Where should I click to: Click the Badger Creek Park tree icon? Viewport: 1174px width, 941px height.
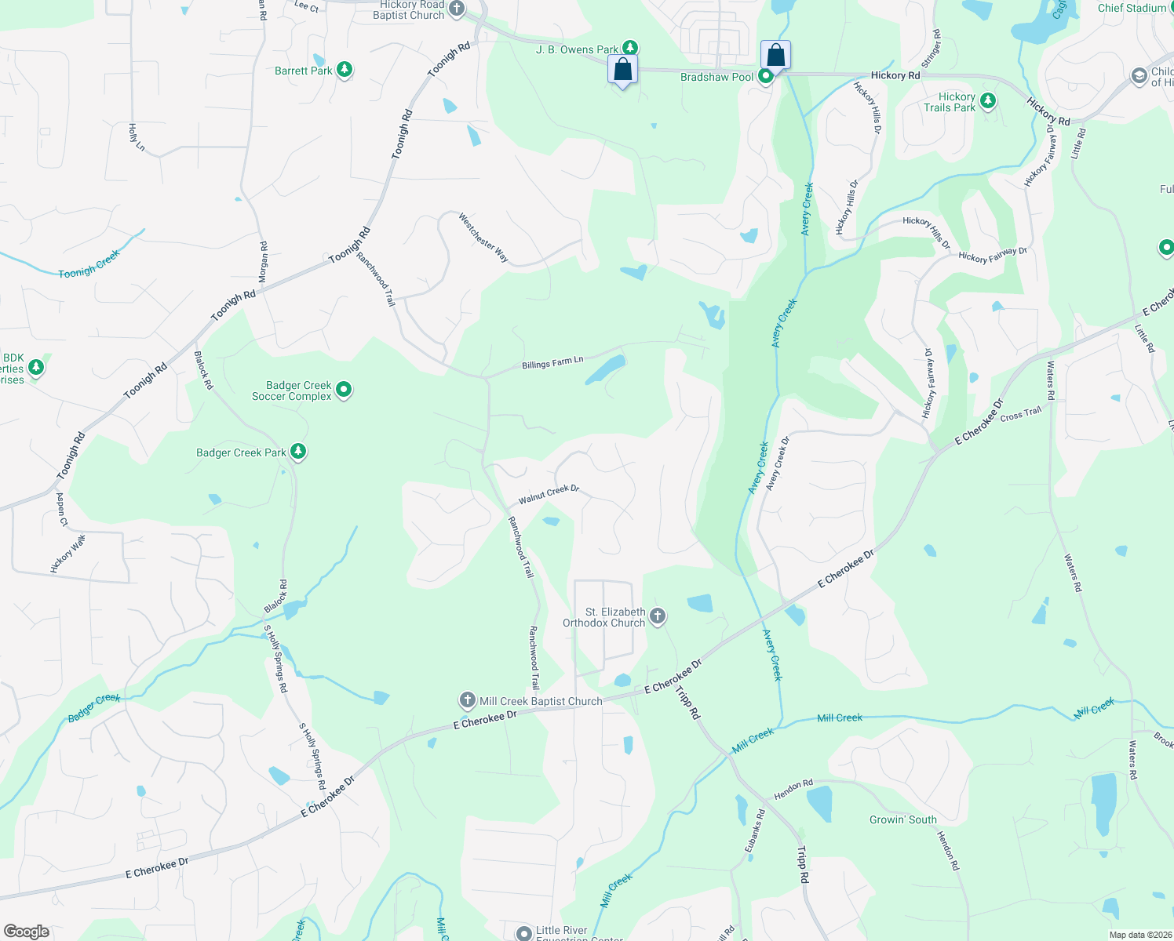(297, 452)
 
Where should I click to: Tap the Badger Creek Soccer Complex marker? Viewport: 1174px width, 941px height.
(344, 390)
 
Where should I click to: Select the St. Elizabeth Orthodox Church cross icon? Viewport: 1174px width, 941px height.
(658, 616)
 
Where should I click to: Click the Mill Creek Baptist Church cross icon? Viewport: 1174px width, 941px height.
(467, 699)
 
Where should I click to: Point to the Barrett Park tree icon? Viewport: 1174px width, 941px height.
(344, 70)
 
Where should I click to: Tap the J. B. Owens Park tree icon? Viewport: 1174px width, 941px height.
(629, 49)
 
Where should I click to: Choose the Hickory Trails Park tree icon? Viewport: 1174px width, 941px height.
(988, 101)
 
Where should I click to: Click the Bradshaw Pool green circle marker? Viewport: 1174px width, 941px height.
(766, 76)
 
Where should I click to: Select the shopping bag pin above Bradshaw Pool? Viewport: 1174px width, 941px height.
(775, 56)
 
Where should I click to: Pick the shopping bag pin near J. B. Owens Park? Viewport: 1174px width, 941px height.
(622, 70)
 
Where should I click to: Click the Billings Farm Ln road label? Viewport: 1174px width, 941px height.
(552, 362)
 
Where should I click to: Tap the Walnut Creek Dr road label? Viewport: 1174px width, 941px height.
(549, 494)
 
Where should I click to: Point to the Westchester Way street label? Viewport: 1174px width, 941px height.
(483, 238)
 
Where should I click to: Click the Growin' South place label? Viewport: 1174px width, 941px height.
(902, 819)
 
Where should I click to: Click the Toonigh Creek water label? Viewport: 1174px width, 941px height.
(89, 264)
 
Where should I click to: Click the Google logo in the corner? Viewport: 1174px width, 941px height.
(27, 931)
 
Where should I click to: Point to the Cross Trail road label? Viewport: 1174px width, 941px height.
(1021, 414)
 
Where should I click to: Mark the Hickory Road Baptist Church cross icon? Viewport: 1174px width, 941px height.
(457, 9)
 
